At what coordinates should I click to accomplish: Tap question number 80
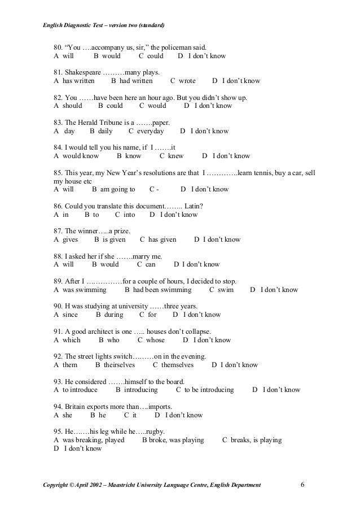click(59, 47)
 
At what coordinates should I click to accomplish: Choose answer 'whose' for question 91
click(155, 340)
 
